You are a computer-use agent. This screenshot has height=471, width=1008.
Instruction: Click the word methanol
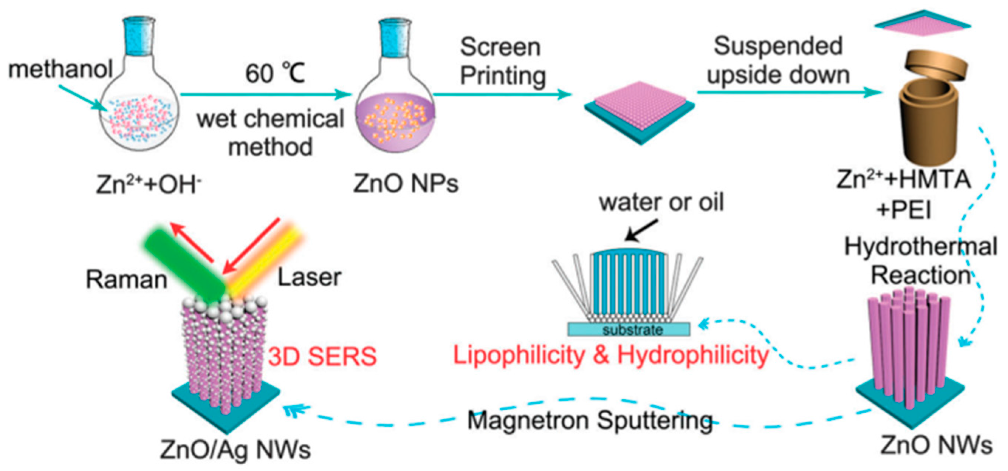(61, 69)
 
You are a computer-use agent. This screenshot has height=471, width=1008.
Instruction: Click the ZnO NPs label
(406, 183)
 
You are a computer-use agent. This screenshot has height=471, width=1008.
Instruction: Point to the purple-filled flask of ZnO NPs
(395, 122)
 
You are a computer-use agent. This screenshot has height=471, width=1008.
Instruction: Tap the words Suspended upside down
(778, 61)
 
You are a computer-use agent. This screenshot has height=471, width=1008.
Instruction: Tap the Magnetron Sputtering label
(590, 421)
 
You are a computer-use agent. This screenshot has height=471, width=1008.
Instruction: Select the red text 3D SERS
(322, 356)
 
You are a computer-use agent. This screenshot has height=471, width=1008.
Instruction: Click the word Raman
(126, 280)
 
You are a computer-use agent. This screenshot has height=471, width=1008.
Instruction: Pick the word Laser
(309, 277)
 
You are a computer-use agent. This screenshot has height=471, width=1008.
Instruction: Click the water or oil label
(661, 202)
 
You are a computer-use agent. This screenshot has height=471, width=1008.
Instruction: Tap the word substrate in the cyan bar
(632, 330)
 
